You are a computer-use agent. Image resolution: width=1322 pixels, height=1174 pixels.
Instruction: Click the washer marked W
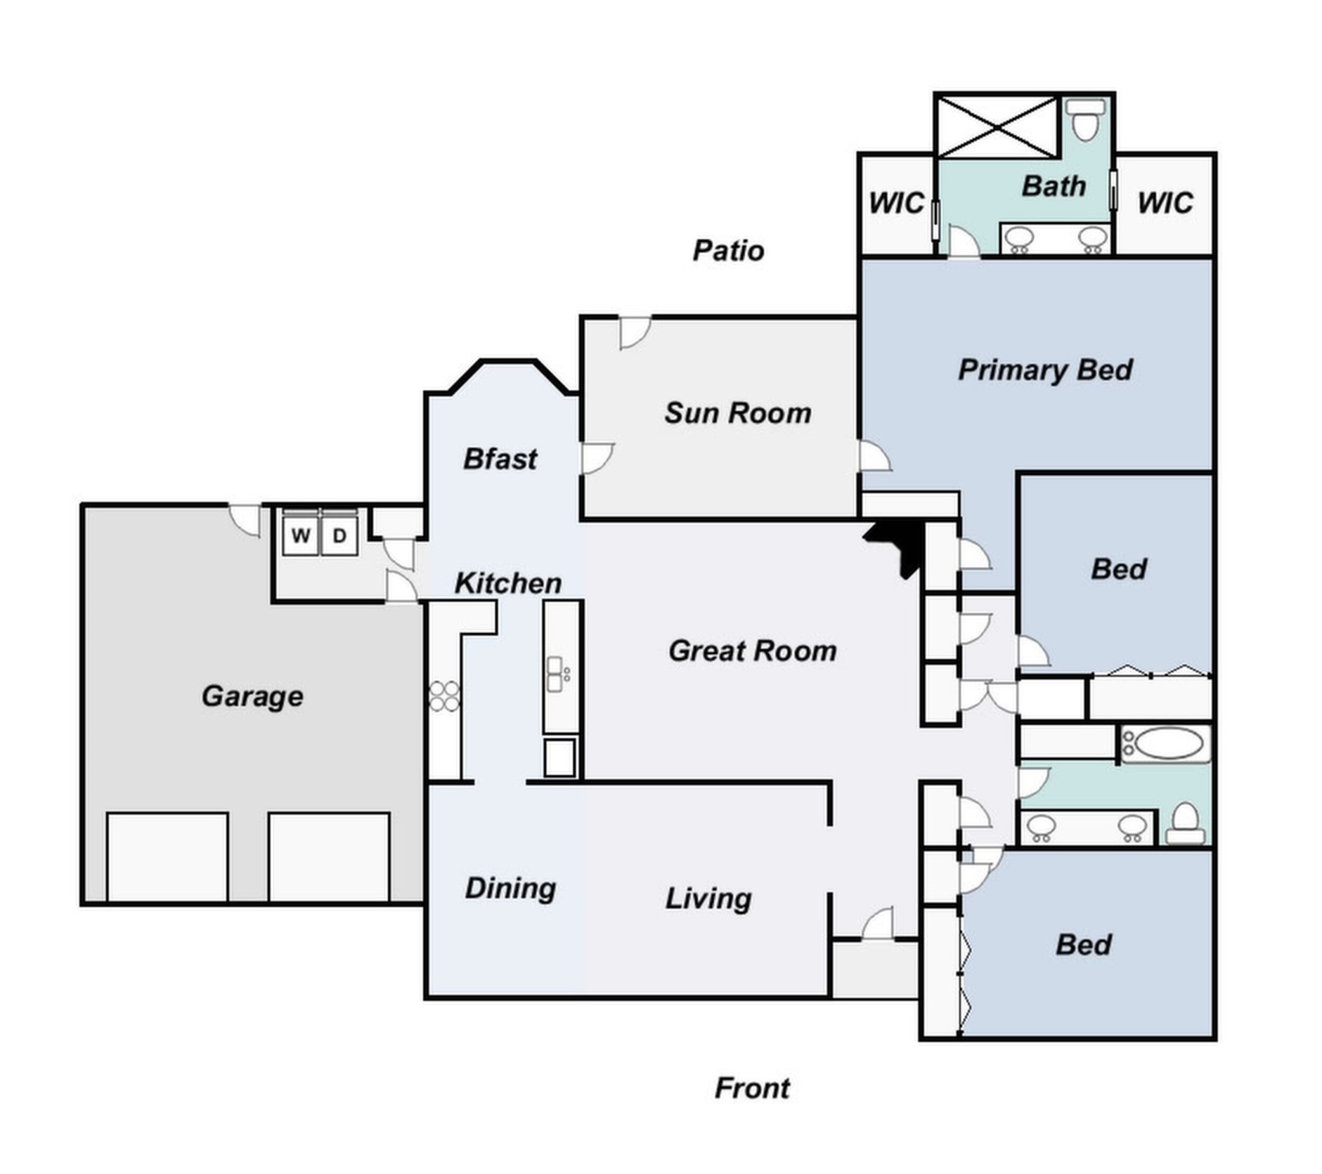[x=301, y=535]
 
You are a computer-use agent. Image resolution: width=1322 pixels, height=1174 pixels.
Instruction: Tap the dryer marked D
[x=339, y=535]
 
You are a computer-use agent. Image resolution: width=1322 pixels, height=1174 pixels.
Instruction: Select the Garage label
[x=252, y=696]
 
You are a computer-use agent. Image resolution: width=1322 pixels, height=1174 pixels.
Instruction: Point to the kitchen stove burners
[x=444, y=696]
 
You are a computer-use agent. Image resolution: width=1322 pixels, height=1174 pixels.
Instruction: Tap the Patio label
[x=728, y=251]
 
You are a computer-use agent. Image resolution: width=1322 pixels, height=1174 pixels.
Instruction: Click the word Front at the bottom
[x=752, y=1088]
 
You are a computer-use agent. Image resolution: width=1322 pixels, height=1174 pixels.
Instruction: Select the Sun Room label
[x=738, y=413]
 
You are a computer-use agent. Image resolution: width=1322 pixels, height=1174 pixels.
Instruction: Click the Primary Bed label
[x=1045, y=370]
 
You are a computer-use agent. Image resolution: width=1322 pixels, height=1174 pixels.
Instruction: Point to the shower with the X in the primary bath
[x=998, y=127]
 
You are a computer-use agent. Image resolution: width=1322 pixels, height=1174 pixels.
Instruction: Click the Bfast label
[x=500, y=459]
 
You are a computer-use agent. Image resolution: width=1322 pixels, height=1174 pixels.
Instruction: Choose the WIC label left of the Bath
[x=896, y=204]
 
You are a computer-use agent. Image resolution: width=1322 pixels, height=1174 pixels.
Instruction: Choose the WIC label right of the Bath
[x=1165, y=204]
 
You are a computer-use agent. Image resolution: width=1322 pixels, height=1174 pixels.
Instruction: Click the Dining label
[x=510, y=889]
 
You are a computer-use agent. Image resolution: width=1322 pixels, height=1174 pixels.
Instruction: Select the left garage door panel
[x=167, y=857]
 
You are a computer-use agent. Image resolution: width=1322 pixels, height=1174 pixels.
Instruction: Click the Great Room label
[x=753, y=651]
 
